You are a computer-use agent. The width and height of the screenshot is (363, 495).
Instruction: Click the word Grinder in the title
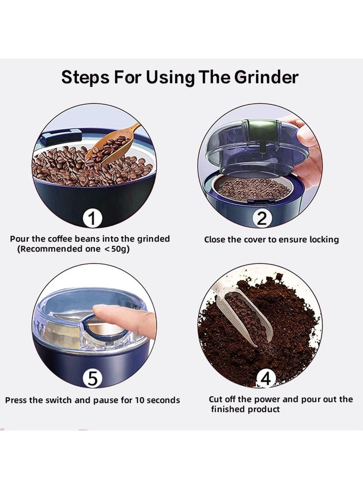click(266, 77)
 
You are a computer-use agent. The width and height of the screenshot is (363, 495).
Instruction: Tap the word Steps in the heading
click(84, 78)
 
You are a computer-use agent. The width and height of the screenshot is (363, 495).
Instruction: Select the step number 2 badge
click(262, 219)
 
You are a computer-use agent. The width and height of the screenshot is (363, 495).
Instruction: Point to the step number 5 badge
click(92, 378)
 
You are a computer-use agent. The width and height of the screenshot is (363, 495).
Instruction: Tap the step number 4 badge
click(266, 378)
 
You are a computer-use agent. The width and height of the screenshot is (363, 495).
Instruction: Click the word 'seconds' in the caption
click(164, 400)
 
